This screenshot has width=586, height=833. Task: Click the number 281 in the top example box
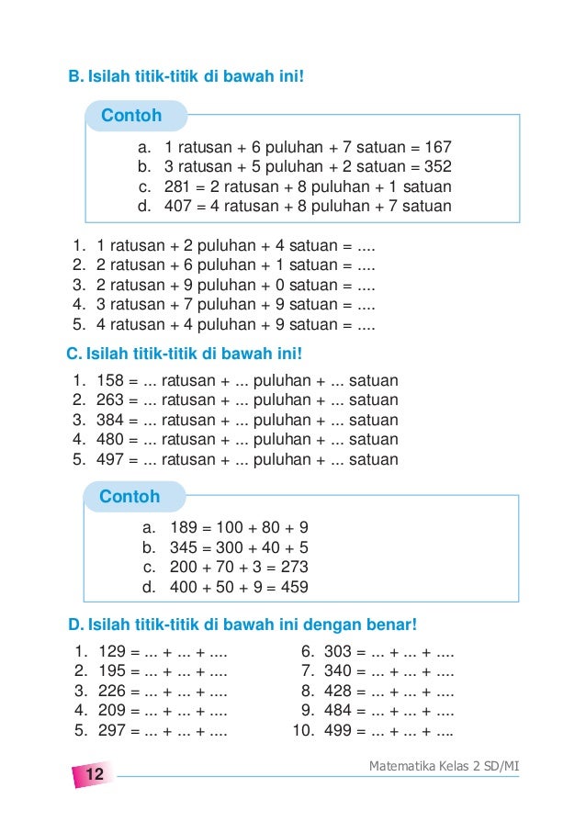point(177,186)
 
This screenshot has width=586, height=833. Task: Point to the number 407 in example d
point(177,206)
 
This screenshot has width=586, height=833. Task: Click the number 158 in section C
point(111,380)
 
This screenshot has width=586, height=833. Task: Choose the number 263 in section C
point(111,400)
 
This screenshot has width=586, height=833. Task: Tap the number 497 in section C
point(111,459)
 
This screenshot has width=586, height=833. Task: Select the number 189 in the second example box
point(184,528)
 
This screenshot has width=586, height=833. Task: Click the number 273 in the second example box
point(294,567)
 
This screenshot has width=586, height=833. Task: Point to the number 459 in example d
point(294,587)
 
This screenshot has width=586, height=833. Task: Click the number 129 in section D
point(111,653)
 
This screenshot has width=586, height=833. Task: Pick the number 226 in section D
point(111,692)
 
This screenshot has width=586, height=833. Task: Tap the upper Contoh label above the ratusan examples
point(131,116)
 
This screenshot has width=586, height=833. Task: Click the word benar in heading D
point(390,625)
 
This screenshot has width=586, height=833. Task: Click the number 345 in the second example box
point(184,547)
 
